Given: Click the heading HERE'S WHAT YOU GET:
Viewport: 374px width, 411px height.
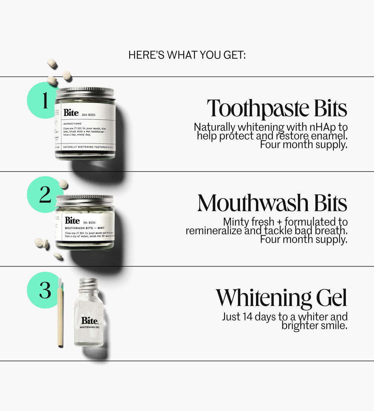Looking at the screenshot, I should (x=187, y=55).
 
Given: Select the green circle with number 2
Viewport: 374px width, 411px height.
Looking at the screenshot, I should (x=43, y=195).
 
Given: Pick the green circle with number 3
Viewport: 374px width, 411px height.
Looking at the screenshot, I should (x=43, y=290).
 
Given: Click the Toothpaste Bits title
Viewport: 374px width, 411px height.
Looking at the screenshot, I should (x=277, y=109).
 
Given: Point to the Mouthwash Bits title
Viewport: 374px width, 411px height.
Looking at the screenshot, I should (x=272, y=203).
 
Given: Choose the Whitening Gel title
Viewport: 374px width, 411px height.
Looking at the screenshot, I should (x=281, y=298).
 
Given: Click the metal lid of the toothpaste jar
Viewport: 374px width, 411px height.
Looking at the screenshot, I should (x=85, y=93).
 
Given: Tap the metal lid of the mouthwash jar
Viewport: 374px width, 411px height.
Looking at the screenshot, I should (x=85, y=201).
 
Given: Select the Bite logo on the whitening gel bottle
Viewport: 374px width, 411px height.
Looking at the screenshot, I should (x=89, y=321).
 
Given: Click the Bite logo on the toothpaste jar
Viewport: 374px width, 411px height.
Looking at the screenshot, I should (x=71, y=113).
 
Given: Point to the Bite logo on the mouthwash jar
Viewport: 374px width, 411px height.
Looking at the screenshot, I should (x=72, y=221).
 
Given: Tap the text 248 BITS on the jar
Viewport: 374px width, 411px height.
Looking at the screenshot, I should (x=89, y=115).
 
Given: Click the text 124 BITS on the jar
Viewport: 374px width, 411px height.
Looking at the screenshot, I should (x=89, y=222).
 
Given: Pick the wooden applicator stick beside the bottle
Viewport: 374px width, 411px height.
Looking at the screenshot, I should (x=60, y=315).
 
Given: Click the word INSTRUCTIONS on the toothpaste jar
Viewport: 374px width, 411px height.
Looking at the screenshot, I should (x=72, y=124).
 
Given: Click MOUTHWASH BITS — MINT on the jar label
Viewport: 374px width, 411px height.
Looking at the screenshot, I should (x=85, y=228).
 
